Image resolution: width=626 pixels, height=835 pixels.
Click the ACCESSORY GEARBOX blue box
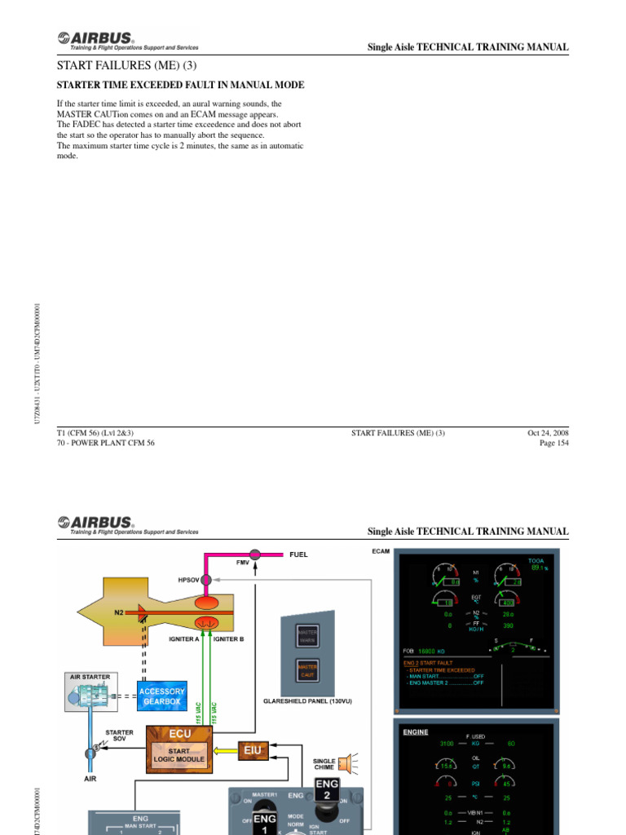point(163,696)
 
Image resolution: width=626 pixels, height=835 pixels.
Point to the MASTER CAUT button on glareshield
point(307,670)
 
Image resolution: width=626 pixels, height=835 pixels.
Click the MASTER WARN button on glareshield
point(307,636)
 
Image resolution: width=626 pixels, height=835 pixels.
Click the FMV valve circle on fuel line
point(255,554)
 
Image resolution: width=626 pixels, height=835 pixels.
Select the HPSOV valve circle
point(207,580)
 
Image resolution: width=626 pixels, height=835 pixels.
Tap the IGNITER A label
point(184,639)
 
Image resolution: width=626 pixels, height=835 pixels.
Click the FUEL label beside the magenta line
point(298,554)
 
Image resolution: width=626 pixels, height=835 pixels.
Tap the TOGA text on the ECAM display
point(536,561)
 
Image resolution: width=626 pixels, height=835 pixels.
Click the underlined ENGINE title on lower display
point(416,732)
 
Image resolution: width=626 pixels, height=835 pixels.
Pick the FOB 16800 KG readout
point(425,652)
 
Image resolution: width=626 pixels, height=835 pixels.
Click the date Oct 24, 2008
point(548,433)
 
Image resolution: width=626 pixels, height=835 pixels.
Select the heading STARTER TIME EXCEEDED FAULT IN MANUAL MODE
point(180,85)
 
